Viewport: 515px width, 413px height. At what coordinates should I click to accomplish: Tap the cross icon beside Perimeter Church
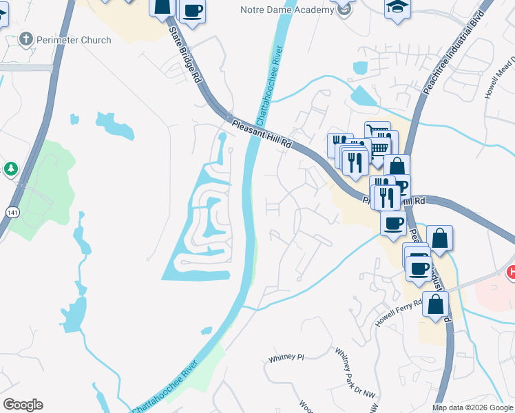coord(26,39)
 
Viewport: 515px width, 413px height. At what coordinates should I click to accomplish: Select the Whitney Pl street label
coord(286,358)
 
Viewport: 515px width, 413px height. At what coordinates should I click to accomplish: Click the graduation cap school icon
coord(397,8)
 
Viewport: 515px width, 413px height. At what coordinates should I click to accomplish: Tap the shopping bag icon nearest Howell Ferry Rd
coord(435,304)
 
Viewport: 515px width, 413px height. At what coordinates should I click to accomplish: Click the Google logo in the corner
coord(23,405)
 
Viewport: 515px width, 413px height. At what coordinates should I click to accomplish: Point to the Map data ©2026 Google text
coord(472,407)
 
